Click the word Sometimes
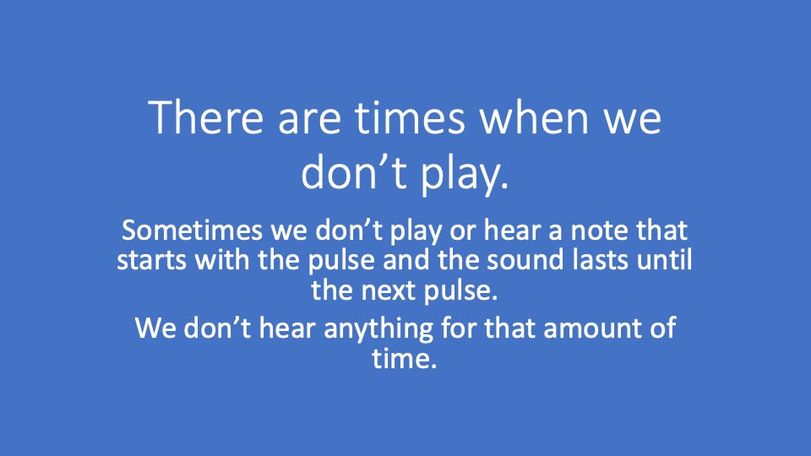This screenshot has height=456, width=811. pos(192,230)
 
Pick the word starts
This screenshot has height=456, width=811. pos(151,260)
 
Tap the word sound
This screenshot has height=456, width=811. pos(525,259)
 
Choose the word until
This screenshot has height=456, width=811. pos(664,259)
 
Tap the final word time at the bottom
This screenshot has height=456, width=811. pos(405,358)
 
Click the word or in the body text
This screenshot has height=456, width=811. pos(462,232)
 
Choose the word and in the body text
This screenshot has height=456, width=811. pos(406,259)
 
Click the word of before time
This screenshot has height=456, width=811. pos(662,328)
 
